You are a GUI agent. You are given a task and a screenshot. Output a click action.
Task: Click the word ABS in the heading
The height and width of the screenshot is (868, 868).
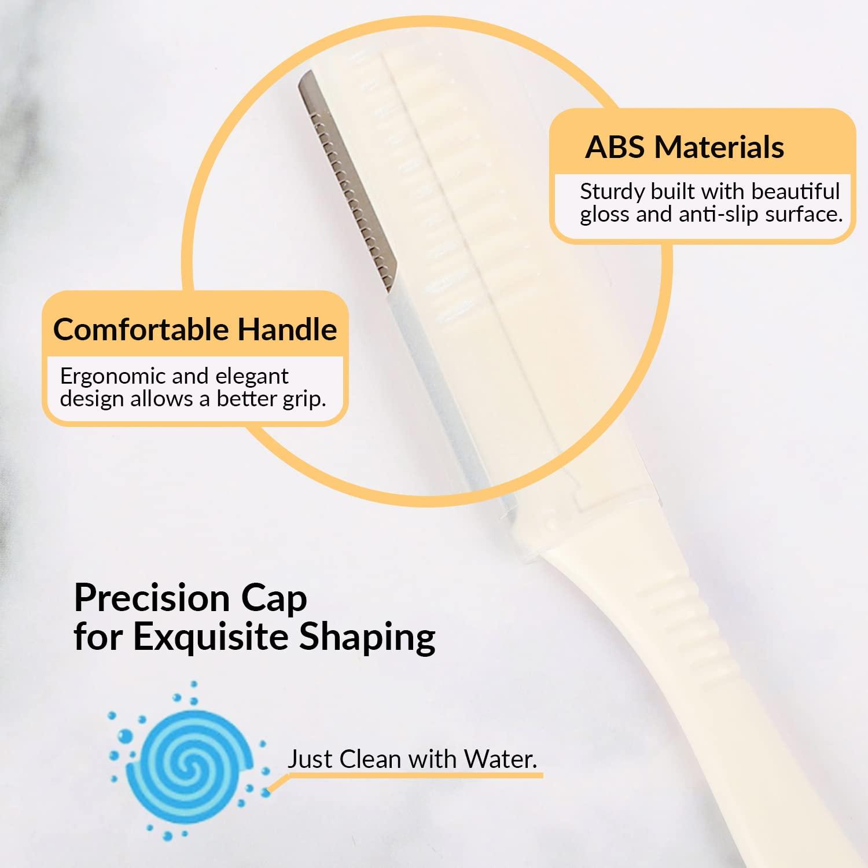[x=615, y=147]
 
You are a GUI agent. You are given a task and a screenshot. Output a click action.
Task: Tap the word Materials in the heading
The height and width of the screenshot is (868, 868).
[x=719, y=147]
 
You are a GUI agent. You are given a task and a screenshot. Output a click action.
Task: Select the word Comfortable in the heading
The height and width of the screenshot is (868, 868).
[x=141, y=329]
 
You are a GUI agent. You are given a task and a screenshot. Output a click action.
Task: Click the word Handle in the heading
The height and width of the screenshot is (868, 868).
[x=287, y=329]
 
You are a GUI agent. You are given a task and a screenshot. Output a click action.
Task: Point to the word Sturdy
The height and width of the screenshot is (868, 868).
[x=612, y=191]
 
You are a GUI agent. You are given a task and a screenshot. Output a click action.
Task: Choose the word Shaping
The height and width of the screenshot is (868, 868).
[x=367, y=638]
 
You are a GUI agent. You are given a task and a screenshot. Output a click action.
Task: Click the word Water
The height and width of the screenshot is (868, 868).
[x=501, y=759]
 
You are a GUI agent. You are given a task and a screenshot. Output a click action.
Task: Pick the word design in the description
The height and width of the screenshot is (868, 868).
[x=89, y=399]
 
